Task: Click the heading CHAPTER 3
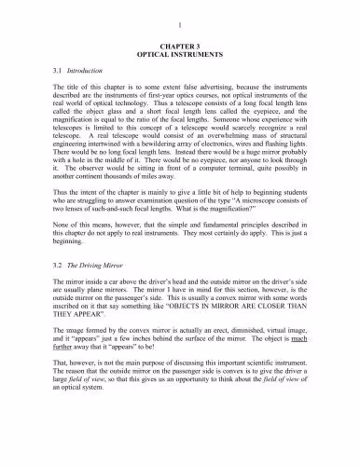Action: [x=180, y=44]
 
